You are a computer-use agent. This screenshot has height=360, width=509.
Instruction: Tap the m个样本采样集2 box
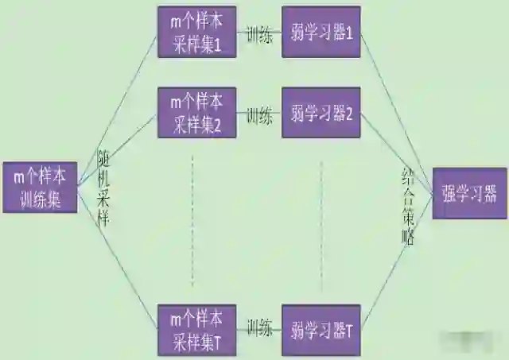point(196,114)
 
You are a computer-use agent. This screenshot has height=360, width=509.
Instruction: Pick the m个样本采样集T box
point(196,329)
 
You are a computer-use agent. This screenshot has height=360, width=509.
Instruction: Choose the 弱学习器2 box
point(321,114)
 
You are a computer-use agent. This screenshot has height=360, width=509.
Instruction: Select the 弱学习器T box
point(321,329)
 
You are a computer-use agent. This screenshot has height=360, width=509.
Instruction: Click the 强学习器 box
point(468,193)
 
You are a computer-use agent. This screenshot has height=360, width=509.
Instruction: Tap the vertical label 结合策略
point(406,208)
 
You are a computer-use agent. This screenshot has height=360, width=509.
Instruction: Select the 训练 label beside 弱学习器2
point(259,115)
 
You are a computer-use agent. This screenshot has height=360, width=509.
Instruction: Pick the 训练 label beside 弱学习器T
point(259,327)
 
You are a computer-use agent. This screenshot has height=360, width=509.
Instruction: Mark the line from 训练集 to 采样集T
point(119,262)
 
